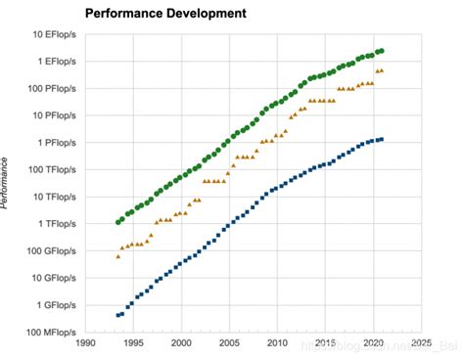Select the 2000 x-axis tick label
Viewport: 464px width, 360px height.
click(181, 343)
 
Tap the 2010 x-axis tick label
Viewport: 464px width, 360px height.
click(277, 343)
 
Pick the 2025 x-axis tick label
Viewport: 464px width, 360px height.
click(421, 343)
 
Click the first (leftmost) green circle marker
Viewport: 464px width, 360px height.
click(118, 222)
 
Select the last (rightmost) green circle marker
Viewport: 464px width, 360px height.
click(381, 50)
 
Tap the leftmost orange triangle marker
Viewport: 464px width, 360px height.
click(118, 255)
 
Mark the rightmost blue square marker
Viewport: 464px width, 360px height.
click(381, 139)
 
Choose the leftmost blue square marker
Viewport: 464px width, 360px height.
click(118, 315)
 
